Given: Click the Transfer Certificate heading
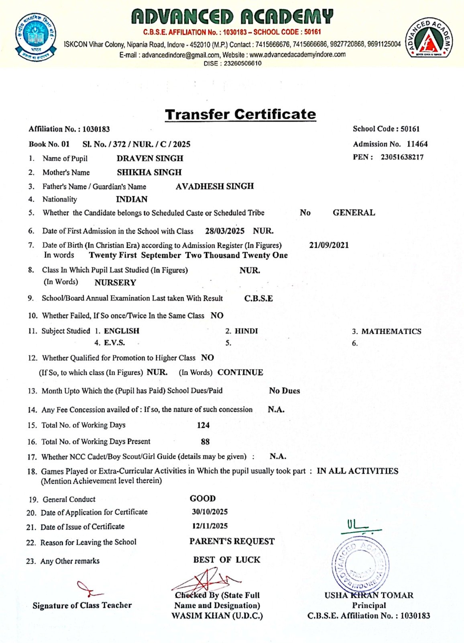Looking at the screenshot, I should pos(240,114).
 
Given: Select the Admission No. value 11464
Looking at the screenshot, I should pos(417,144).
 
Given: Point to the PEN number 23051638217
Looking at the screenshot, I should pos(402,157).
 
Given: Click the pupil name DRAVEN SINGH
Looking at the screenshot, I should pos(150,158).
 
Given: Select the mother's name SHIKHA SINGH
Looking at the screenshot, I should pos(149,172).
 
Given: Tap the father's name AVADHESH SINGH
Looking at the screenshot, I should pos(215,186).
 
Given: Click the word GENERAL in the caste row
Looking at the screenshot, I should pos(354,213).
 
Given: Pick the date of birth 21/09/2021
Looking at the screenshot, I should pos(329,245).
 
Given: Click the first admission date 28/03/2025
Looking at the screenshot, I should pos(225,231).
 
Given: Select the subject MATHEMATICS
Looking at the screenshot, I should pos(391,332).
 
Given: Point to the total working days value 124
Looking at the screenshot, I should pos(203,425).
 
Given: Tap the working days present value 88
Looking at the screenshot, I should pos(205,442).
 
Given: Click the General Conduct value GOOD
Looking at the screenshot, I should pos(203,499).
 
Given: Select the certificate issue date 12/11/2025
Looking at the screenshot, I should pos(210,526).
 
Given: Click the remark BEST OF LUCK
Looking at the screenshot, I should pos(227,560).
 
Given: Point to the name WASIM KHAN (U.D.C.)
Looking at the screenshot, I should pos(217,616).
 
